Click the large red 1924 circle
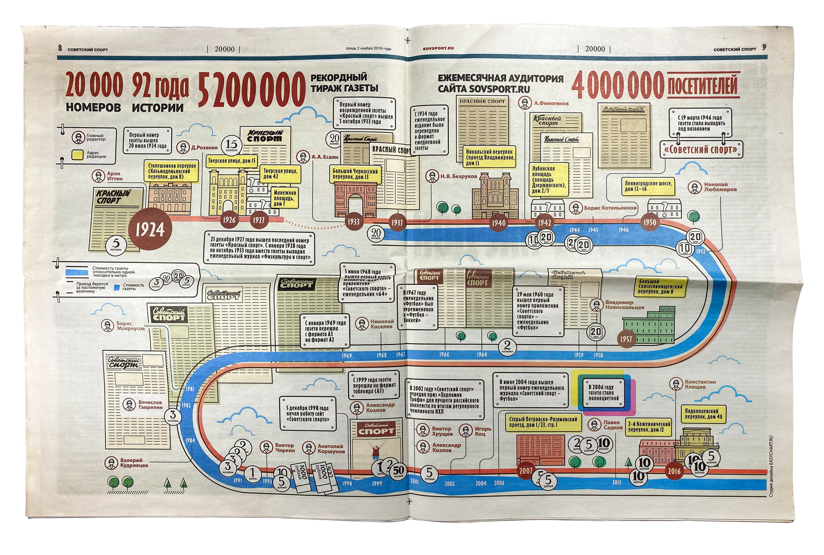pyautogui.click(x=150, y=229)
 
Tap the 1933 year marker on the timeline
pyautogui.click(x=354, y=221)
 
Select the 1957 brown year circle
pyautogui.click(x=626, y=339)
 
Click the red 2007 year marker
pyautogui.click(x=525, y=470)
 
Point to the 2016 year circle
pyautogui.click(x=674, y=471)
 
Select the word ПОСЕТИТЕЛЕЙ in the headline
pyautogui.click(x=702, y=86)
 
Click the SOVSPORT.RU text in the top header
pyautogui.click(x=438, y=49)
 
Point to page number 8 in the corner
pyautogui.click(x=60, y=48)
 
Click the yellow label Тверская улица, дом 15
pyautogui.click(x=232, y=160)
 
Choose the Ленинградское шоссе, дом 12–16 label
pyautogui.click(x=648, y=186)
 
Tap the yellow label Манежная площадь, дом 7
pyautogui.click(x=284, y=198)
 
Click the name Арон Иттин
pyautogui.click(x=114, y=176)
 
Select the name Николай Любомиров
pyautogui.click(x=720, y=187)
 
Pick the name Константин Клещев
pyautogui.click(x=700, y=384)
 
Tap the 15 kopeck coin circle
pyautogui.click(x=232, y=145)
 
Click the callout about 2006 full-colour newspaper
pyautogui.click(x=604, y=393)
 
